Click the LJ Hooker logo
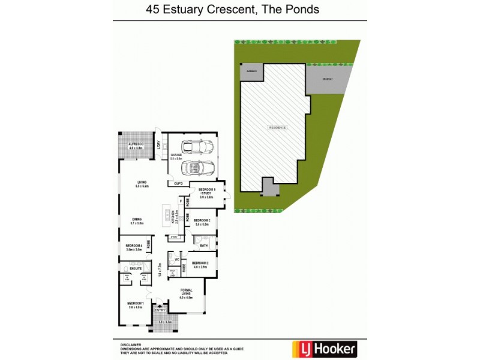click(324, 347)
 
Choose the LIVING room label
click(142, 182)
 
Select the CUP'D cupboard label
click(178, 183)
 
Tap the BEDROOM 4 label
click(134, 245)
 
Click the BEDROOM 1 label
click(134, 304)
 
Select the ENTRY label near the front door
click(160, 310)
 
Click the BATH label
click(203, 246)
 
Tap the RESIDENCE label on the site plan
click(277, 127)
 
